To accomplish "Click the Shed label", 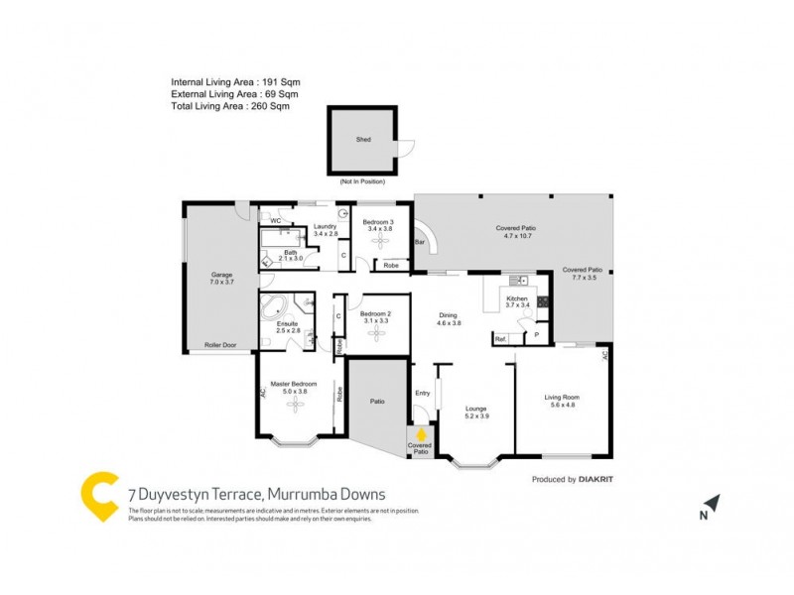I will pos(362,140).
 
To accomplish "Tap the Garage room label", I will pos(221,278).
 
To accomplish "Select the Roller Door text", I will pos(221,345).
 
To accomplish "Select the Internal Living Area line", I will pos(235,82).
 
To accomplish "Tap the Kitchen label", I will pos(517,298).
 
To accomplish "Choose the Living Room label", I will pos(561,399).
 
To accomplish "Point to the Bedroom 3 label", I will pos(378,222).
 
